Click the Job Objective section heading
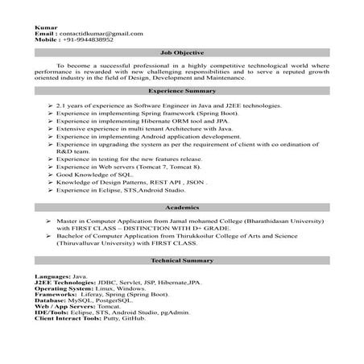[181, 51]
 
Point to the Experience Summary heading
[181, 93]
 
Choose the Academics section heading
[181, 206]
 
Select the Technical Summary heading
[181, 263]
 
